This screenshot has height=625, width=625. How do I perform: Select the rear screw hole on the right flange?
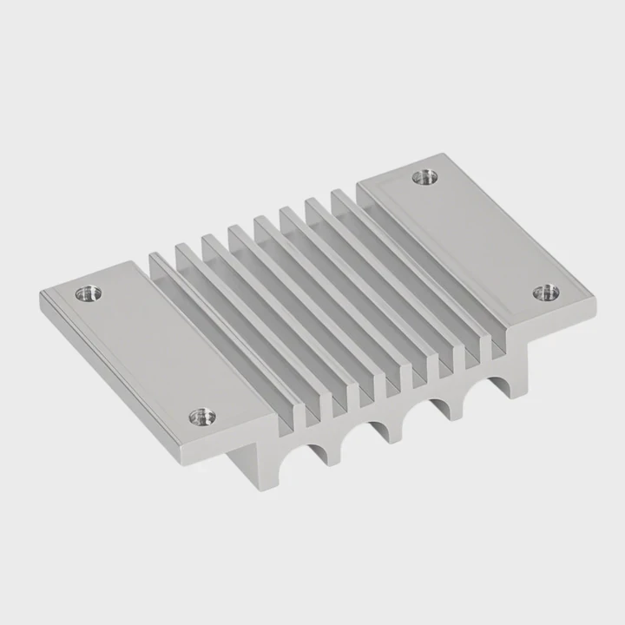pos(424,178)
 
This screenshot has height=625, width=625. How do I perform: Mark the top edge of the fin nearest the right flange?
pos(417,260)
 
